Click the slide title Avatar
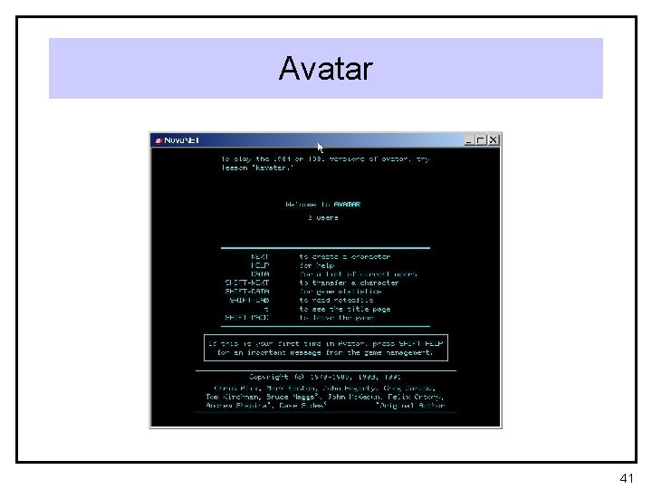coord(325,69)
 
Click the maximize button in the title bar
coord(481,140)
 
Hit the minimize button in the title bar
coord(469,140)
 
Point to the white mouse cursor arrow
coord(320,147)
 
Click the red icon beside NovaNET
coord(158,141)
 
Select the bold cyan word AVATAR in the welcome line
coord(347,205)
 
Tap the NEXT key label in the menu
coord(260,256)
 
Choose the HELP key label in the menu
coord(260,265)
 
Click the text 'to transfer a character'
coord(349,283)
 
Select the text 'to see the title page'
coord(345,309)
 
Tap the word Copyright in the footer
coord(268,377)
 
